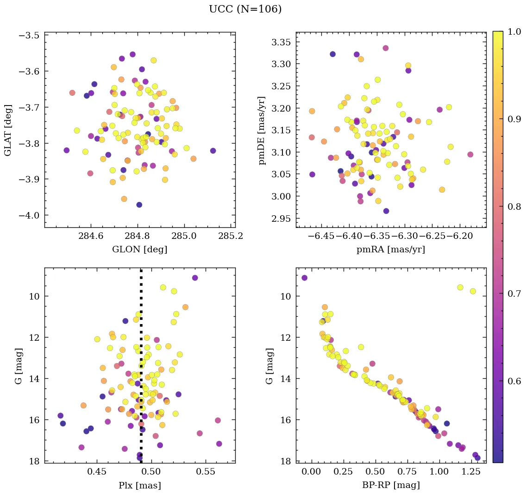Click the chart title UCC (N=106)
245,9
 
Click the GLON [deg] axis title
139,250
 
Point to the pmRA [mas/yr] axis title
390,250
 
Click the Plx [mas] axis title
139,485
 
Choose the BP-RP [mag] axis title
390,485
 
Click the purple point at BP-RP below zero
304,278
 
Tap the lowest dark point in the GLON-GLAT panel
139,205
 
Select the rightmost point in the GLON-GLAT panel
213,150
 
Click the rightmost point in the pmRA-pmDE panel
470,155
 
